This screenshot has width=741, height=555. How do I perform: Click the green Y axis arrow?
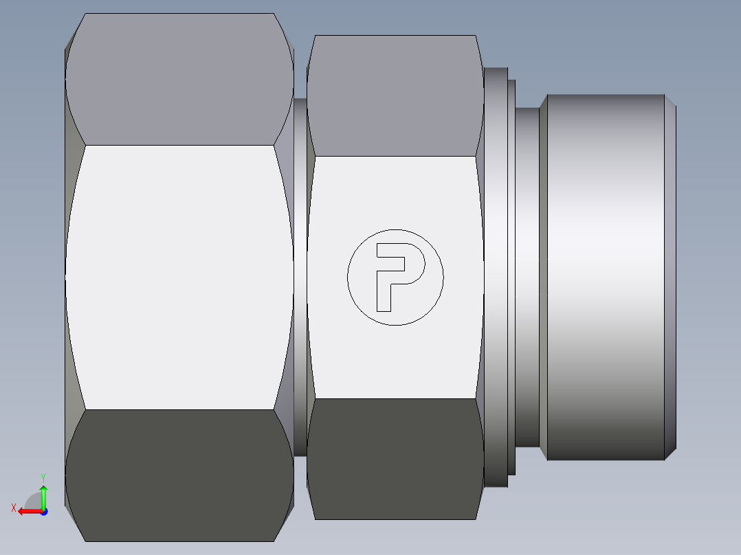coord(43,495)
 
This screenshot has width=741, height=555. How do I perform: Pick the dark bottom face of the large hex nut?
coord(179,474)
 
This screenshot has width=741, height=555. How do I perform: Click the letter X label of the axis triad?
coord(14,508)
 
